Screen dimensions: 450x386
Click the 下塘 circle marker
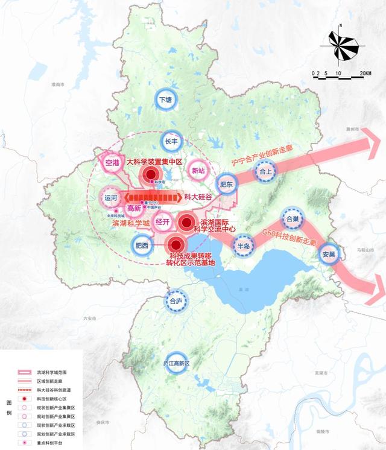click(x=165, y=99)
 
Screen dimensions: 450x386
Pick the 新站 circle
click(x=198, y=170)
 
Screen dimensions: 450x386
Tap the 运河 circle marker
click(x=110, y=197)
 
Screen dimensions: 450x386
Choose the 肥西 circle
click(x=142, y=244)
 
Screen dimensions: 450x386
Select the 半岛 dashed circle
click(x=244, y=246)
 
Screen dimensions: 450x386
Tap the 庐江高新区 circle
click(x=176, y=364)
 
